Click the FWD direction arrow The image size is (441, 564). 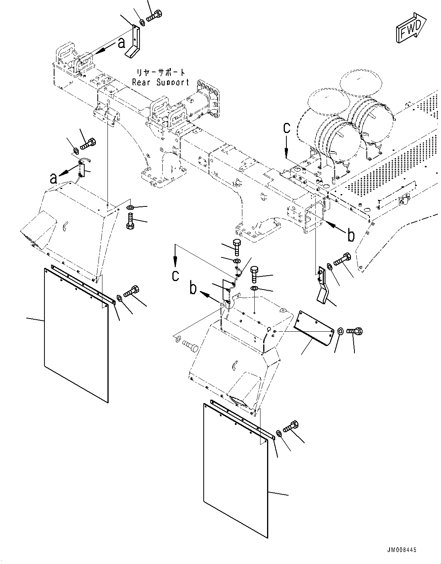[x=410, y=27]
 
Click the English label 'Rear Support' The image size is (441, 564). [x=160, y=82]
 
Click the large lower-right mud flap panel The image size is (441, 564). [x=235, y=470]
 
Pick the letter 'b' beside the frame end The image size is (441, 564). [x=351, y=235]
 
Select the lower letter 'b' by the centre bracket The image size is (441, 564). [x=194, y=289]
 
